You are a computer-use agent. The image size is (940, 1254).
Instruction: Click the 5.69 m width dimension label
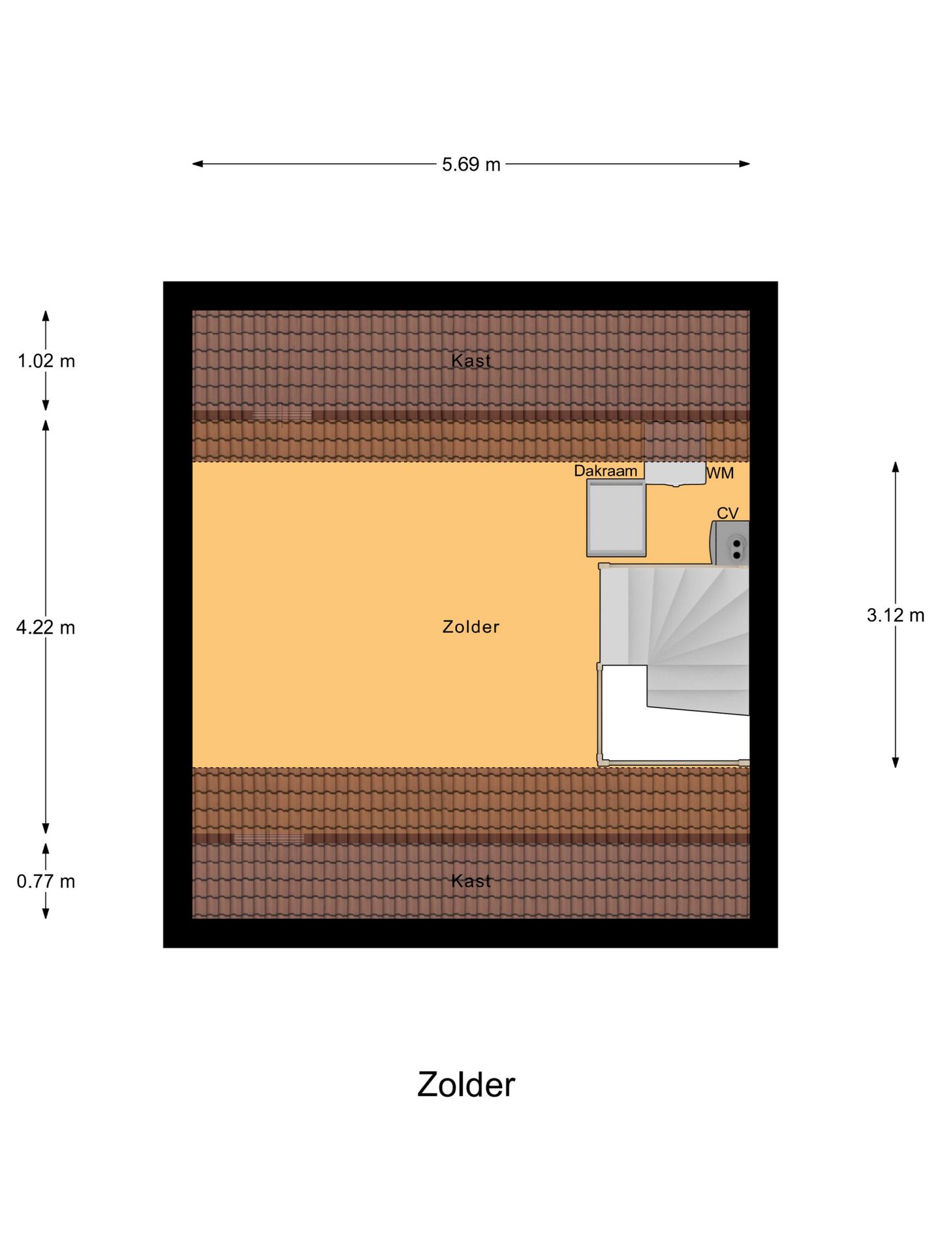coord(471,165)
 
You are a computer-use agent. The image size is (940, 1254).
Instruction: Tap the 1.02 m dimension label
coord(46,361)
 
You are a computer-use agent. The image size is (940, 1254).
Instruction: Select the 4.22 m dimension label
coord(46,628)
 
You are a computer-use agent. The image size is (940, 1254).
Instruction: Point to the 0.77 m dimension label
coord(46,882)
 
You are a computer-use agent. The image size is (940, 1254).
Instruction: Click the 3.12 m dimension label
coord(896,615)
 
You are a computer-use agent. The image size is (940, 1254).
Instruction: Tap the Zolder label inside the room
coord(471,627)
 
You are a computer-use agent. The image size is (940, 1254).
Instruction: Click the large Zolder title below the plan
coord(466,1085)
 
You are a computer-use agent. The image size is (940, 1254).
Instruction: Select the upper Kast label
coord(471,361)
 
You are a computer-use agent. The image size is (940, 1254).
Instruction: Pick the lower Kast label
coord(471,881)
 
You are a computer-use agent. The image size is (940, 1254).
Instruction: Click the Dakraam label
coord(606,471)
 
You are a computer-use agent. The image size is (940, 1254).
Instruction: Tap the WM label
coord(721,473)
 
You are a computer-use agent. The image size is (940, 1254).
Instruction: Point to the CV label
coord(728,513)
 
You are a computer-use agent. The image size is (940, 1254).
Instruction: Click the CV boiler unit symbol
coord(729,543)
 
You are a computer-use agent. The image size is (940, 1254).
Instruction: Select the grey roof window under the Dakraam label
coord(616,518)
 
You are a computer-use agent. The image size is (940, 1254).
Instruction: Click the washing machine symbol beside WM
coord(675,474)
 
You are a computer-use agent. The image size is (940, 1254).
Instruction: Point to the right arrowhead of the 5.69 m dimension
coord(744,164)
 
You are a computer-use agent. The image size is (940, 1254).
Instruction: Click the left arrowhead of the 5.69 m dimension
coord(198,164)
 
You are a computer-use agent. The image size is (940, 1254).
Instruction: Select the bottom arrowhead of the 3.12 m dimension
coord(896,762)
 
